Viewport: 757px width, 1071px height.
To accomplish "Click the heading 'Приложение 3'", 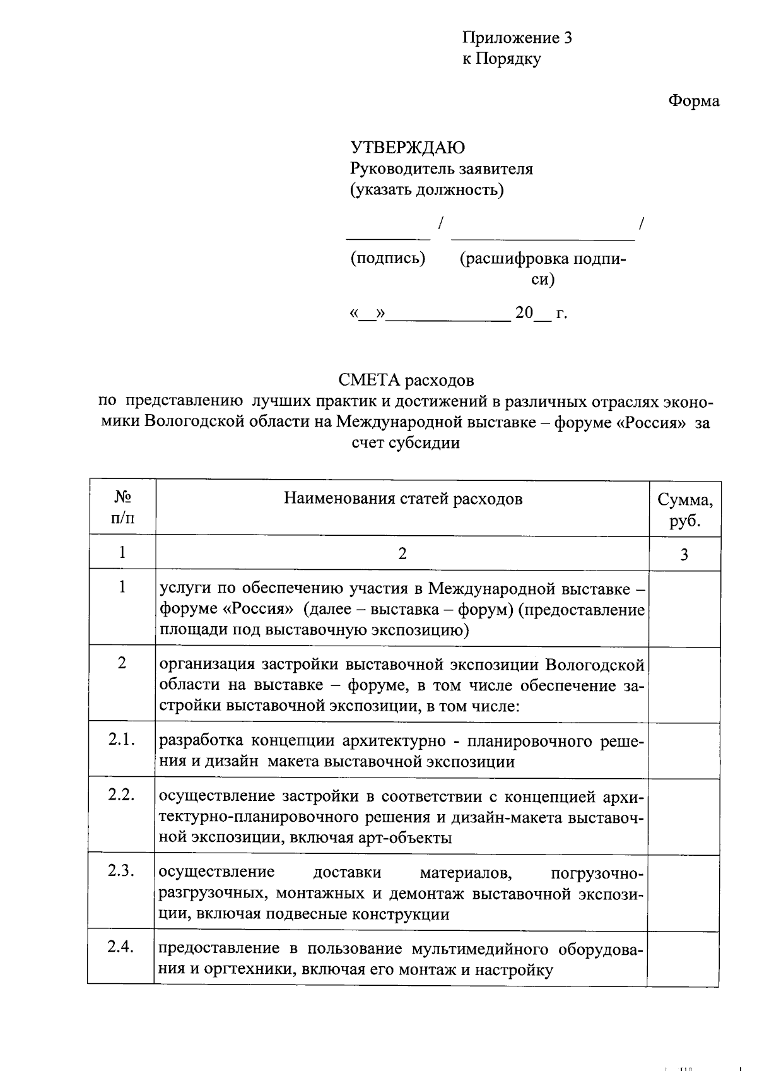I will click(x=517, y=38).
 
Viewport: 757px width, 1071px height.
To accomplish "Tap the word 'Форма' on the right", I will click(x=694, y=101).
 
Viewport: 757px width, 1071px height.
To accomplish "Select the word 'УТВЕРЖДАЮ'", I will click(x=408, y=148).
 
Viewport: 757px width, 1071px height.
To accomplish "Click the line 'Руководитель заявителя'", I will click(x=442, y=169).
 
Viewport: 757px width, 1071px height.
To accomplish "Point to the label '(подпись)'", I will click(x=388, y=258).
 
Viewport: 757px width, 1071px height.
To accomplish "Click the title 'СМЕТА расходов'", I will click(x=406, y=381).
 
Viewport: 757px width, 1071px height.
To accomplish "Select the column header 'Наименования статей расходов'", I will click(x=403, y=500).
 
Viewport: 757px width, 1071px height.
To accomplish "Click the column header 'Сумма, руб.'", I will click(x=685, y=511).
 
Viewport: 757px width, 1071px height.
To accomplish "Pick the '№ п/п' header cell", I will click(x=122, y=508).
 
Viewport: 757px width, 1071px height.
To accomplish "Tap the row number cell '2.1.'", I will click(x=122, y=740).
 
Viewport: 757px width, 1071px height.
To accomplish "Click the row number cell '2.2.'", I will click(x=122, y=795).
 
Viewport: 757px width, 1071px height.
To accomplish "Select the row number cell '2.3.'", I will click(x=122, y=871).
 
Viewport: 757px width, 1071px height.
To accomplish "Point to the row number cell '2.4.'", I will click(x=121, y=947).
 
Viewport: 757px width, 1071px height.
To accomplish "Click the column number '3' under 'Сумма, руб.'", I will click(x=684, y=555).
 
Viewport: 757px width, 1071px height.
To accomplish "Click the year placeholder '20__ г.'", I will click(x=541, y=314).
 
